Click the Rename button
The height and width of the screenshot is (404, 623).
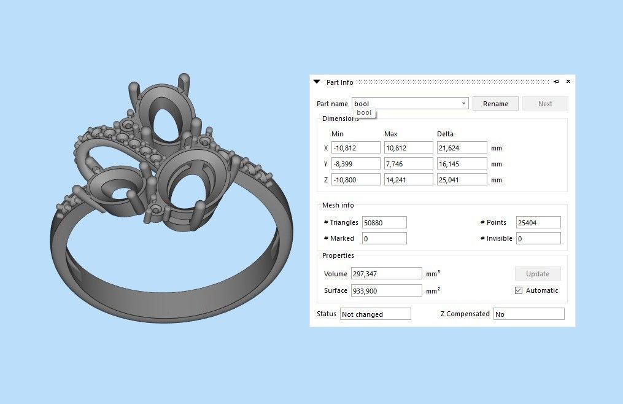tap(495, 104)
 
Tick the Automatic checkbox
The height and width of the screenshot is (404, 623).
tap(519, 290)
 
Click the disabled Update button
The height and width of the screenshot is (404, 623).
tap(538, 274)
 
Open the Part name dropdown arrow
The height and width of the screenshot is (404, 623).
tap(463, 104)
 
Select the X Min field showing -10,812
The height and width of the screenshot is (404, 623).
tap(355, 148)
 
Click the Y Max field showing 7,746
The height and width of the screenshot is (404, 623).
tap(408, 164)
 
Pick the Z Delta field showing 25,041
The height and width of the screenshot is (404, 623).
tap(462, 180)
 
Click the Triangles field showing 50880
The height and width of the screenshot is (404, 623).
tap(384, 222)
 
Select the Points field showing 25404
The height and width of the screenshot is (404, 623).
tap(538, 222)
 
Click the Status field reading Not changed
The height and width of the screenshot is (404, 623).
tap(375, 314)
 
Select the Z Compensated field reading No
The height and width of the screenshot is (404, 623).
tap(528, 314)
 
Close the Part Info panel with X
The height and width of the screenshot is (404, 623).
tap(568, 82)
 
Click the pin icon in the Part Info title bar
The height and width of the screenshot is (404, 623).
tap(556, 82)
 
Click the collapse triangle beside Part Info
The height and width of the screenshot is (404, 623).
tap(317, 82)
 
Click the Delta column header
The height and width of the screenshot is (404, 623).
tap(445, 134)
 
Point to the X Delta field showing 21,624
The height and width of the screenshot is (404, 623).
tap(462, 148)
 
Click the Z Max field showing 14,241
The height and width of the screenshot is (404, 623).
tap(408, 180)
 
